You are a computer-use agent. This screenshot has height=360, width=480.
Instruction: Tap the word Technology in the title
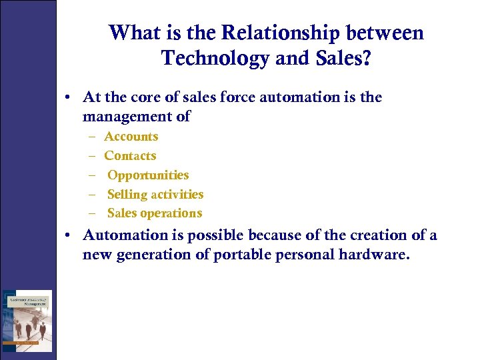click(x=215, y=58)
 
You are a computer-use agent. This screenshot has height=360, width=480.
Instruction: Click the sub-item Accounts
click(x=131, y=137)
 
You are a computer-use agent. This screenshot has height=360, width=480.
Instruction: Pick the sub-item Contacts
click(x=130, y=156)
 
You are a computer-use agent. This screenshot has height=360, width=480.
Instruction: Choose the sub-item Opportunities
click(x=148, y=175)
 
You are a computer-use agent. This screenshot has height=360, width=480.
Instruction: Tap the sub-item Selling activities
click(x=155, y=195)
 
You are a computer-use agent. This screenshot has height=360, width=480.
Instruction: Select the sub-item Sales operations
click(x=155, y=213)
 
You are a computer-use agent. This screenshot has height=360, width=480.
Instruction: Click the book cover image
click(x=27, y=321)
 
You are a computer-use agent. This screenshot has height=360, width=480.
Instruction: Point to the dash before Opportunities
click(x=91, y=175)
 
